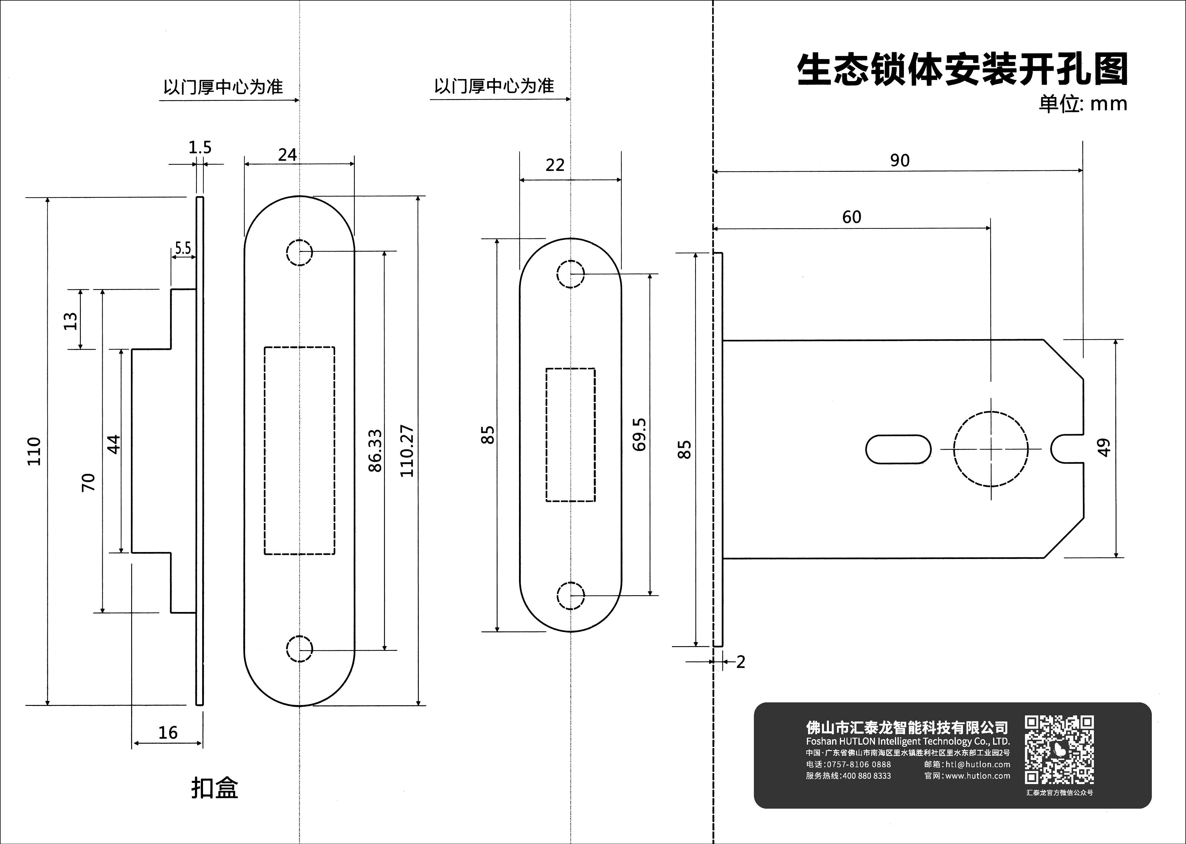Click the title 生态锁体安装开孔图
point(962,69)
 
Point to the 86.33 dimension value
point(375,451)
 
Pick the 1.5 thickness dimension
point(200,148)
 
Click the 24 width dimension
point(287,155)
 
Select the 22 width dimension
point(555,165)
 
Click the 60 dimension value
point(852,217)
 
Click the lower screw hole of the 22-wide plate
point(571,595)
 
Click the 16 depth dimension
point(168,733)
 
